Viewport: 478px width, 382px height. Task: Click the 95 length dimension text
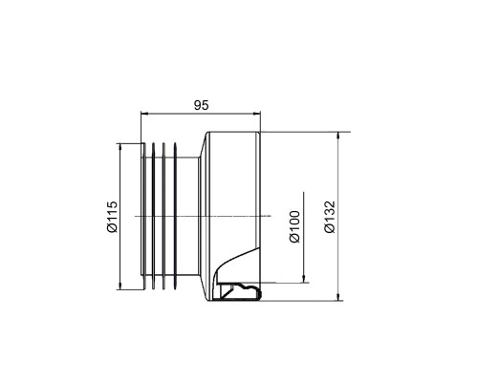click(x=201, y=105)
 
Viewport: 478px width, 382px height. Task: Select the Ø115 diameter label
click(x=112, y=217)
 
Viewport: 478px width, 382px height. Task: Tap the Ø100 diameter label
click(x=294, y=226)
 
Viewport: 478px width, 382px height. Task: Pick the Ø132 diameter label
click(x=330, y=217)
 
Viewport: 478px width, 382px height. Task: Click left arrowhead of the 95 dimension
click(x=144, y=113)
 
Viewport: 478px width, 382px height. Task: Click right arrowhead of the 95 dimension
click(x=256, y=113)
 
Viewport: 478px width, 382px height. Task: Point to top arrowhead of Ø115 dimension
click(x=120, y=148)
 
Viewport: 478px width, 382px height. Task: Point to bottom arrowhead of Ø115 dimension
click(x=120, y=286)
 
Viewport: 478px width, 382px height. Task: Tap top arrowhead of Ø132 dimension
click(x=338, y=136)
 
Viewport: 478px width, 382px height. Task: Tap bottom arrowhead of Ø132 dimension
click(x=338, y=296)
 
